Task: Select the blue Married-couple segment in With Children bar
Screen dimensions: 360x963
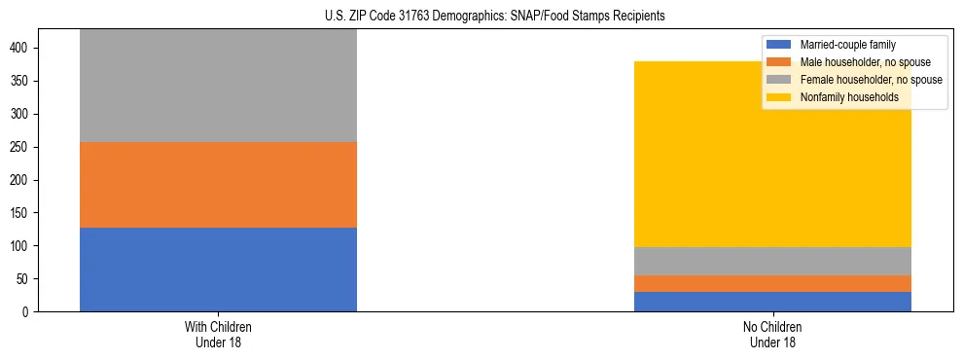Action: pos(218,270)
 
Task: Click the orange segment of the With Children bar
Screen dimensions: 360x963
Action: pos(218,185)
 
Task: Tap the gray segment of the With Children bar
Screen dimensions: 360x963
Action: pos(218,86)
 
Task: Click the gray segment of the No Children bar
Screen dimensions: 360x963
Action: pos(772,261)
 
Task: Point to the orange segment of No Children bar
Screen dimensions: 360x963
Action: pos(772,283)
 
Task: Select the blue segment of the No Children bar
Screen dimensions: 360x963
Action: pos(772,302)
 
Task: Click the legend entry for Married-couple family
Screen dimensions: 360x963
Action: pos(846,45)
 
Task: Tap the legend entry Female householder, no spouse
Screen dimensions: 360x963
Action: pos(871,80)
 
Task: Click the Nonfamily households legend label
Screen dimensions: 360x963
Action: pos(848,97)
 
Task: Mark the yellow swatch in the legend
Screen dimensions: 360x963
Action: pos(779,97)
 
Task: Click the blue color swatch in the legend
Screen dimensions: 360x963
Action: pos(779,45)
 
